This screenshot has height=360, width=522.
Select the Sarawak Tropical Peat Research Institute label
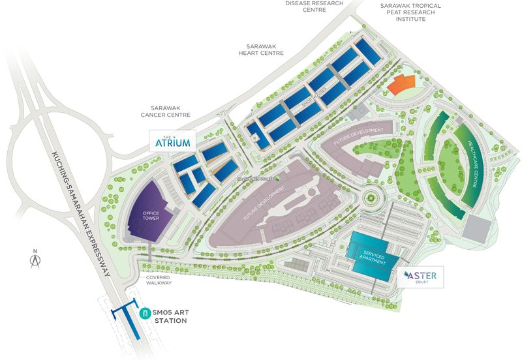click(x=412, y=12)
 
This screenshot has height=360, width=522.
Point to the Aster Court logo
click(x=424, y=277)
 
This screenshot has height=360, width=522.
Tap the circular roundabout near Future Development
click(x=371, y=196)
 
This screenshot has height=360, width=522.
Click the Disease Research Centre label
click(x=315, y=7)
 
